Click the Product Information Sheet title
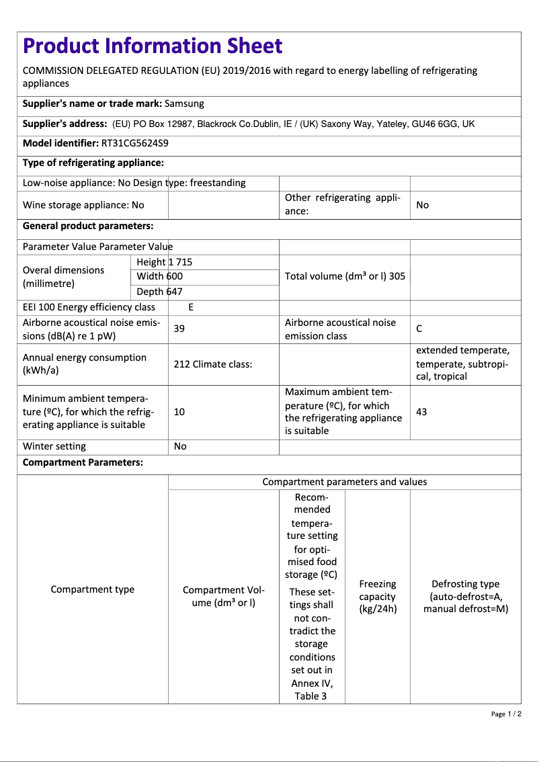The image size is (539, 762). point(153,46)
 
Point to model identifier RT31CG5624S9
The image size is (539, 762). point(134,143)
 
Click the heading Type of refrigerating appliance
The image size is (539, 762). point(93,163)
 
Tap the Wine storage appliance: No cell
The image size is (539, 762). point(83,205)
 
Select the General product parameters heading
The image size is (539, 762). point(88,226)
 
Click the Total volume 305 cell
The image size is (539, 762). point(345,276)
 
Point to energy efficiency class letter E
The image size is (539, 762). point(191,307)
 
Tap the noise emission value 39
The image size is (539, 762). point(179,329)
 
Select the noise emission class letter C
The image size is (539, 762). point(419,329)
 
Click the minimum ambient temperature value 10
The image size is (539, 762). point(179,412)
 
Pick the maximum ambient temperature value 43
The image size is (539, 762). point(421,412)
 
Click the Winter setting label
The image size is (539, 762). point(54,446)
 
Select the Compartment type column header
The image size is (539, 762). point(93,589)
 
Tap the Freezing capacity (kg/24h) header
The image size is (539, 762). point(378,597)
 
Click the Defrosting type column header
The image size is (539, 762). point(465,597)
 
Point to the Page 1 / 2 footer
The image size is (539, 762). point(506,714)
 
